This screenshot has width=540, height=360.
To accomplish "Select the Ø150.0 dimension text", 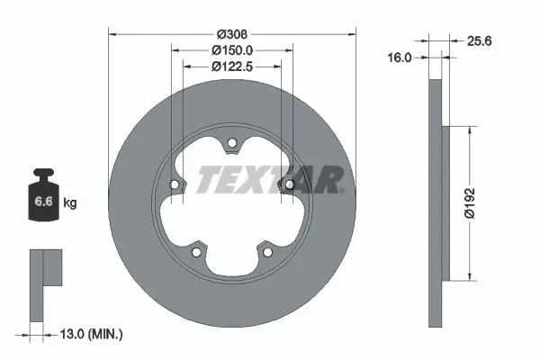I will coord(231,51).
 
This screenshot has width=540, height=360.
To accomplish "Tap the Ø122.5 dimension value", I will coord(231,66).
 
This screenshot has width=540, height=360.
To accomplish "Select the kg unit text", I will coord(70,203).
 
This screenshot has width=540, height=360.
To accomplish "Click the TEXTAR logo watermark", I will coord(270,180).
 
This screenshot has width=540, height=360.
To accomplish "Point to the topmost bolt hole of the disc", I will coord(232,142).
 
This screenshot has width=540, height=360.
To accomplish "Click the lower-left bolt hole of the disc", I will coord(197,251).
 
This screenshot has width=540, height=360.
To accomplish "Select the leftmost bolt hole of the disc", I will coord(175,184).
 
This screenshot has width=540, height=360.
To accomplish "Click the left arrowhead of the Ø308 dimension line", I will coord(112,36).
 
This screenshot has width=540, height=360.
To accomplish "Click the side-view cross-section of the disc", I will coord(436,202).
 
